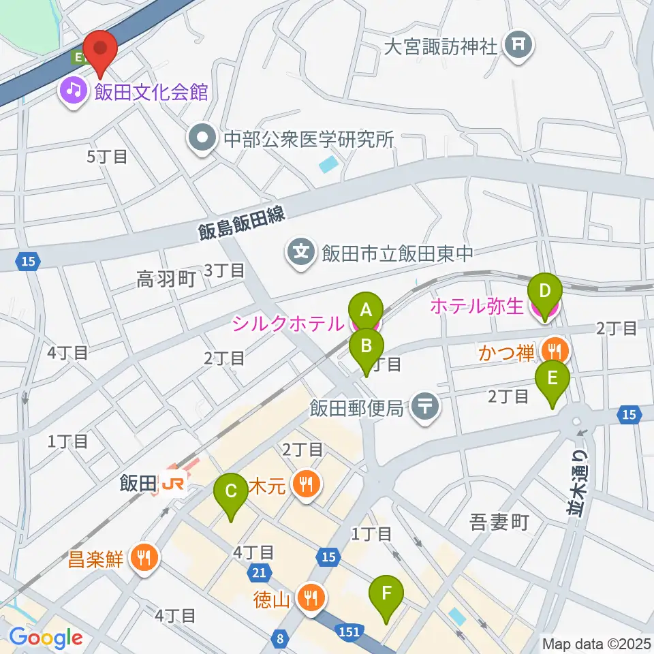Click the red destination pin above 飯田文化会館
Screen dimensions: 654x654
101,50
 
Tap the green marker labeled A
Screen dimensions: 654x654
366,311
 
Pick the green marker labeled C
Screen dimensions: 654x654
231,491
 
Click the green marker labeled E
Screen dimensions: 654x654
552,378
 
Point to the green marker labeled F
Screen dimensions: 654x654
386,593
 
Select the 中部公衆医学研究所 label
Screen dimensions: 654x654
309,139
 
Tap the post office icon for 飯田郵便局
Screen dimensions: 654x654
426,408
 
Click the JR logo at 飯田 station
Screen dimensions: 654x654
174,484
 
